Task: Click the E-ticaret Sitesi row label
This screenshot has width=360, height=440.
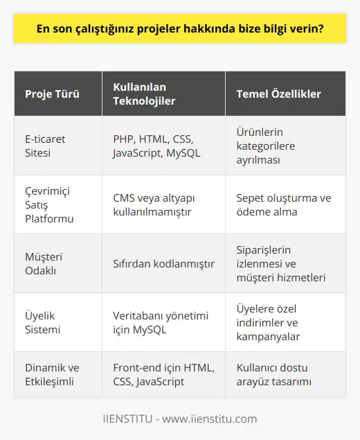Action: coord(45,146)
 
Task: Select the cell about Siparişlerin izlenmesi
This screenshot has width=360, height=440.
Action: coord(281,263)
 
